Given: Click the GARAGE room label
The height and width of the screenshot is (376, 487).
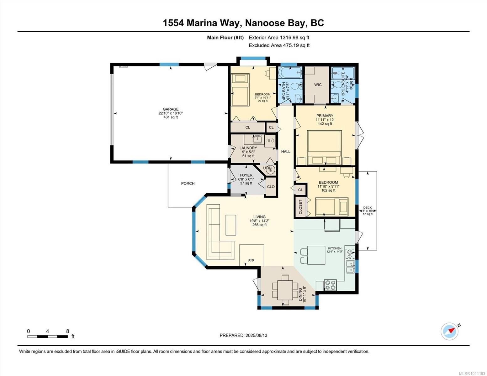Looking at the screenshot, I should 170,109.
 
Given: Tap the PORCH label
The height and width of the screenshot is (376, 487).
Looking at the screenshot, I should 188,183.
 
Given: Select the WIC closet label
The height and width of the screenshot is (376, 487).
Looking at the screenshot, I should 318,85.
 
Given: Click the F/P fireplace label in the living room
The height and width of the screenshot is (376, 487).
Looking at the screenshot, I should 251,260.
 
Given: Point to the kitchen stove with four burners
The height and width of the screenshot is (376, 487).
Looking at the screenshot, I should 330,285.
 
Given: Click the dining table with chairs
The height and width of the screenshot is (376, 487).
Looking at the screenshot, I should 285,289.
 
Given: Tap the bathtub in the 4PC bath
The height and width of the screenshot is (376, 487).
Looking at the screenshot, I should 290,73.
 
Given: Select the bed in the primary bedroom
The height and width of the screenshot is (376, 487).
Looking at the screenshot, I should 324,147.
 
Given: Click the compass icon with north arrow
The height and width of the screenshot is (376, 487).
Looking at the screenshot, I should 450,331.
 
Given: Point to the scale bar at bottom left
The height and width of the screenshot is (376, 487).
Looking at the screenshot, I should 47,337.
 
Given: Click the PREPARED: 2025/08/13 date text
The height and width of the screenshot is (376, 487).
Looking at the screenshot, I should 243,335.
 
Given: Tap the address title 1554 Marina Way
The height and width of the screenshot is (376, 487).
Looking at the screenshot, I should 243,23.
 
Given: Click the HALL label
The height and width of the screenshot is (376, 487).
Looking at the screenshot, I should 286,152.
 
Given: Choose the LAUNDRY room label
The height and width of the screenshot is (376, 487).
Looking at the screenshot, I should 248,148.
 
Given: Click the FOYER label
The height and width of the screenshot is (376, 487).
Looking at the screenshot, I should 246,175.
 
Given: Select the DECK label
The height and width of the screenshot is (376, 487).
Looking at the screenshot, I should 367,207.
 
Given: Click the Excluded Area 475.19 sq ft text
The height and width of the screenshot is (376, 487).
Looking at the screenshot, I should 279,45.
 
